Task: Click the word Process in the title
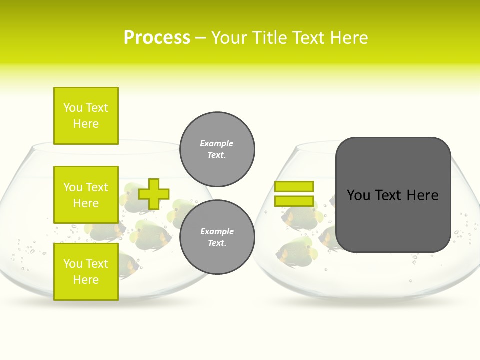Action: [x=157, y=38]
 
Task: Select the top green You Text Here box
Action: [x=86, y=116]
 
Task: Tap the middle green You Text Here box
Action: [x=86, y=195]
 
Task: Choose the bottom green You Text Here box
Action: [x=86, y=271]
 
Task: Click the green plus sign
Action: [x=154, y=194]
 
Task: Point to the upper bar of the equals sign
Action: [x=294, y=186]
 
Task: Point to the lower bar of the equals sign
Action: [x=294, y=201]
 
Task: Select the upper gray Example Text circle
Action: [x=217, y=149]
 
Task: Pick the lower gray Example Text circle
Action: [x=217, y=237]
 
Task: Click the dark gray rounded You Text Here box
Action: [x=393, y=195]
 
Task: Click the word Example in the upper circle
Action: [x=217, y=143]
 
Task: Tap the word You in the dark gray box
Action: [x=358, y=195]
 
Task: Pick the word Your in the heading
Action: [x=231, y=38]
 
